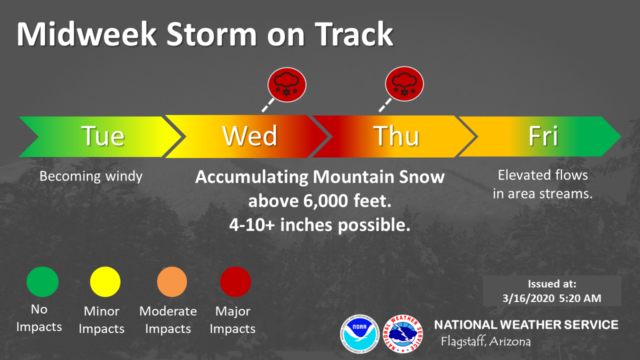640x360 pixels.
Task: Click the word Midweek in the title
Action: [86, 34]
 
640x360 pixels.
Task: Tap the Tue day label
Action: [103, 136]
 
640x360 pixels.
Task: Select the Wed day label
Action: [249, 136]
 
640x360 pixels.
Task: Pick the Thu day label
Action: [396, 136]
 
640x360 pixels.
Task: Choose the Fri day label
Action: [543, 136]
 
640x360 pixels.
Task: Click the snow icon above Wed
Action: [287, 84]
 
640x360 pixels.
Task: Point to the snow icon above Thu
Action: [404, 83]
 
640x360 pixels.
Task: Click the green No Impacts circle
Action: [42, 281]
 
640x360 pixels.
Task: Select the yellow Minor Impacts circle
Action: [105, 281]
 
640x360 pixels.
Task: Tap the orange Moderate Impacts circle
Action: [172, 281]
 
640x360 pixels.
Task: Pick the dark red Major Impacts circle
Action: [235, 281]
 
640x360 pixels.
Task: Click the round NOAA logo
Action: [359, 334]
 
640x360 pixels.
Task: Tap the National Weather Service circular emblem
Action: [403, 334]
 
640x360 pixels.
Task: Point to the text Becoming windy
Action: [91, 176]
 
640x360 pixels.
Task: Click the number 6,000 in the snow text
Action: [325, 201]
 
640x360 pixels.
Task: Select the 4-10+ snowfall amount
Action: [252, 225]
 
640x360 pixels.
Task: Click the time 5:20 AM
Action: [580, 298]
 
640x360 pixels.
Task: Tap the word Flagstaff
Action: [463, 341]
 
